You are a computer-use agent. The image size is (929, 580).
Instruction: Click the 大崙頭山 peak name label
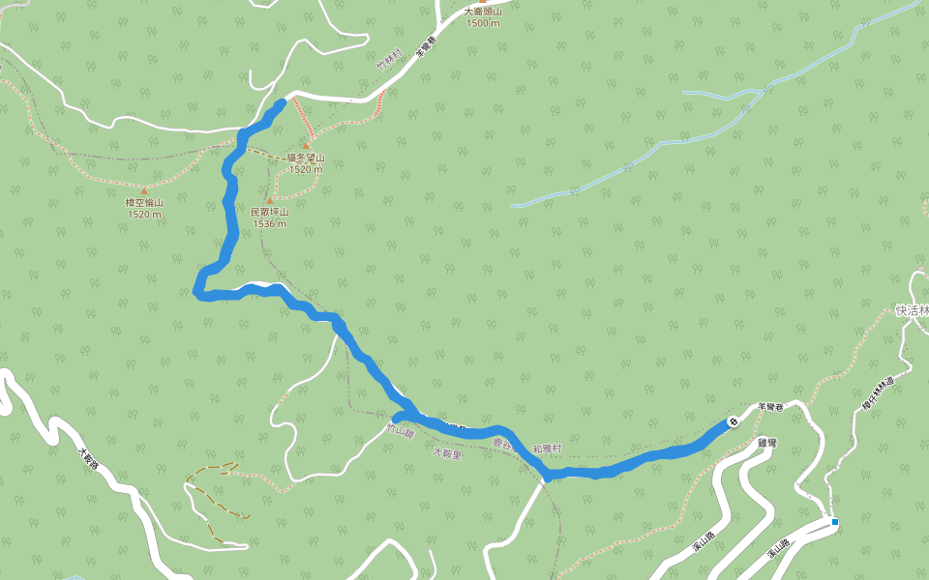pos(482,13)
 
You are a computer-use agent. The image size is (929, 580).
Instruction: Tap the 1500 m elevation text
pos(482,23)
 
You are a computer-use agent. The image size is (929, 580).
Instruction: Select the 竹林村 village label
pos(388,61)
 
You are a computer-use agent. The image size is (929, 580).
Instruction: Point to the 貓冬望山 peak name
pos(305,159)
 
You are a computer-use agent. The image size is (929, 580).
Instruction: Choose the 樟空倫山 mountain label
pos(144,203)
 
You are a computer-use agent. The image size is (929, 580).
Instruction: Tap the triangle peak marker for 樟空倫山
pos(144,191)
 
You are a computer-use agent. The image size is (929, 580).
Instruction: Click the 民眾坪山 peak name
pos(270,212)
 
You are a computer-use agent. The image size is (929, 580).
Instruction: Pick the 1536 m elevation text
pos(270,223)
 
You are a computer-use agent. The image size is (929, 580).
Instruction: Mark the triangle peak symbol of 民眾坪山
pos(270,201)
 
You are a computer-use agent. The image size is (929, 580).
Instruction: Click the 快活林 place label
pos(912,311)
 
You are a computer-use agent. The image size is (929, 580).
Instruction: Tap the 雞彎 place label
pos(767,443)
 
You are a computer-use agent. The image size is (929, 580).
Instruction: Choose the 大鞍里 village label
pos(447,452)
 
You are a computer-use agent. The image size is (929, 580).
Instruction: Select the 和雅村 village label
pos(549,450)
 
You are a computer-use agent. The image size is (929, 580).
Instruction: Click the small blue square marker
pos(834,523)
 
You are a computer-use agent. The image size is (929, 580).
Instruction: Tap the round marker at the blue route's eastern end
pos(734,421)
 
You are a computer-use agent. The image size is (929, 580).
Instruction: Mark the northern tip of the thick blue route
pos(282,101)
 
